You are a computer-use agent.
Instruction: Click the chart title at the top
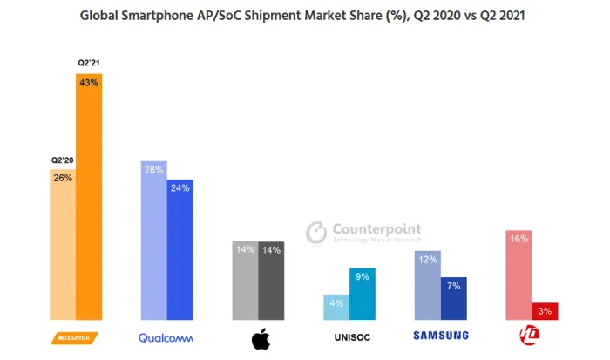[304, 15]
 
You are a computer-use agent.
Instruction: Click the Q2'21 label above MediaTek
[88, 64]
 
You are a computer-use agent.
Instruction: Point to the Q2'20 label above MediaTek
[61, 160]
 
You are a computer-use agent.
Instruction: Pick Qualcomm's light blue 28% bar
[153, 241]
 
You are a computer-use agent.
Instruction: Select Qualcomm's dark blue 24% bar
[180, 249]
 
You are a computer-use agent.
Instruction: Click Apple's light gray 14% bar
[245, 280]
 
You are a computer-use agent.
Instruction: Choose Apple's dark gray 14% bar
[271, 280]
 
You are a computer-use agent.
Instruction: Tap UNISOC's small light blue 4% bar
[336, 307]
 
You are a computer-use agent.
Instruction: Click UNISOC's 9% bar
[363, 294]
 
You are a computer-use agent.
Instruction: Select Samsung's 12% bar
[427, 285]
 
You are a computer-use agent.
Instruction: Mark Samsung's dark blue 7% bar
[454, 298]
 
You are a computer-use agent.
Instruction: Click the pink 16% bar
[518, 275]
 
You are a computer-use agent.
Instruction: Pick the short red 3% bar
[545, 311]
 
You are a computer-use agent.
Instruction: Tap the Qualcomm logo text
[166, 337]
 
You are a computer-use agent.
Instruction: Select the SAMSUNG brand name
[440, 336]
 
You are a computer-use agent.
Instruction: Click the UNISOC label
[350, 336]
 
